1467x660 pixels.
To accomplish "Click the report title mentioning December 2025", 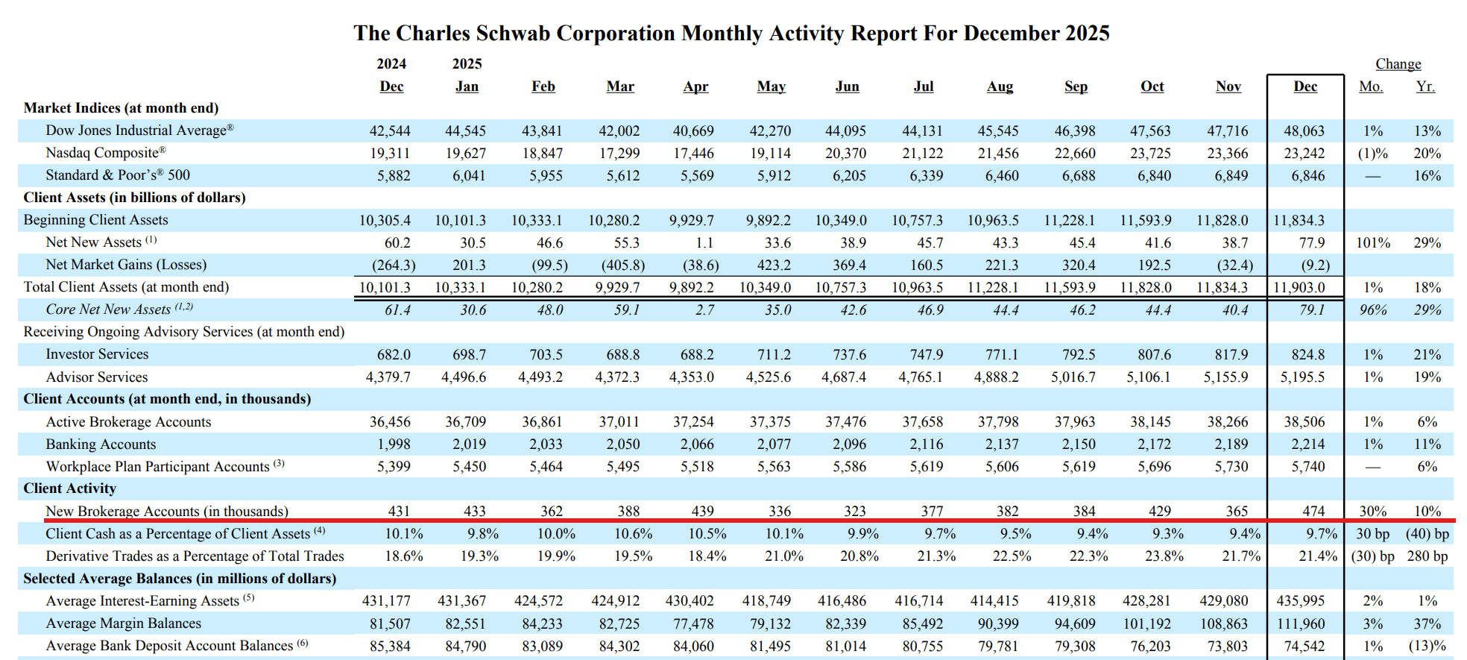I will click(731, 34).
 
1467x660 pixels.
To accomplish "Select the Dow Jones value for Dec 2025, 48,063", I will click(1304, 131).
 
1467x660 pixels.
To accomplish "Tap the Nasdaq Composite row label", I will click(105, 153).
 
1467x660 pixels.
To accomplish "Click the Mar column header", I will click(620, 87).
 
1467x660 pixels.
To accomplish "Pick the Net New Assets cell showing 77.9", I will click(1311, 243).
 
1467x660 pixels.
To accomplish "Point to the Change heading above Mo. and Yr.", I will click(1398, 64).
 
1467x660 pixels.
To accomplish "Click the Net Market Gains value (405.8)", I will click(622, 265).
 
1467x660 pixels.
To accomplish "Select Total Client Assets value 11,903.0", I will click(1299, 288).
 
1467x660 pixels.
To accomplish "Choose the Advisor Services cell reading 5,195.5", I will click(1302, 377).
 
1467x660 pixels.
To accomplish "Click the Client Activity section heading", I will click(69, 488).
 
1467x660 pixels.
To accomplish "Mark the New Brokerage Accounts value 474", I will click(1313, 511).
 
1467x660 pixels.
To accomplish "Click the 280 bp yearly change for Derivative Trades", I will click(1427, 556).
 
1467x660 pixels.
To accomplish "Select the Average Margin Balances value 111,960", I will click(1300, 623).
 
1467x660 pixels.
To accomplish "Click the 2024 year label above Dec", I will click(391, 64).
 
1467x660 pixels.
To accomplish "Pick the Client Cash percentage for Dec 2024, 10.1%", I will click(403, 534).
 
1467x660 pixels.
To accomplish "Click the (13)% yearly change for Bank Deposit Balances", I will click(1426, 646).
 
